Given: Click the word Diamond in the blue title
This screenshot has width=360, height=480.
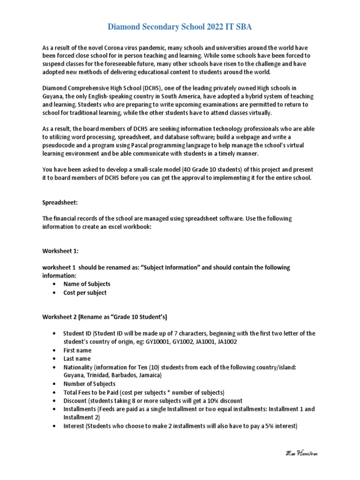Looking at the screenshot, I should (x=124, y=27).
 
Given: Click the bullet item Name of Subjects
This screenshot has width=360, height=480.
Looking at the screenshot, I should (x=87, y=284).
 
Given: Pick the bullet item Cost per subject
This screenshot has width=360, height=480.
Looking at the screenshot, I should (x=85, y=292).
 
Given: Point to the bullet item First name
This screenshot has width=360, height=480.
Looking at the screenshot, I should (x=77, y=350).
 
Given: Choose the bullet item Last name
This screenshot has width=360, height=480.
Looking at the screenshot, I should (x=77, y=359).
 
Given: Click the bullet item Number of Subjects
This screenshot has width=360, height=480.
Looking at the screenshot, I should (x=89, y=384).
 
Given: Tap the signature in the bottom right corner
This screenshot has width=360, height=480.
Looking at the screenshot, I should (x=305, y=453).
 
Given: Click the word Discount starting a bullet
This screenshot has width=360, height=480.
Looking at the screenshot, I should (x=76, y=401).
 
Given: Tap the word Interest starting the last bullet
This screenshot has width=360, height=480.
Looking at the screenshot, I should (x=75, y=426).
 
